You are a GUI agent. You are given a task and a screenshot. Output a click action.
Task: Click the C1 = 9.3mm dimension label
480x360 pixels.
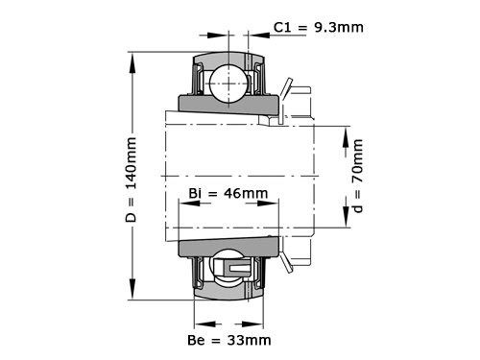(319, 28)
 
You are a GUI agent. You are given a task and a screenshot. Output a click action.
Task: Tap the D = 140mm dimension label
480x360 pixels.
(132, 180)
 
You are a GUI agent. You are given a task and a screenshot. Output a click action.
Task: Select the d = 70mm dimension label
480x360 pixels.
(358, 176)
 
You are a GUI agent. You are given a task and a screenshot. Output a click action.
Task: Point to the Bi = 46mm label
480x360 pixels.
(228, 193)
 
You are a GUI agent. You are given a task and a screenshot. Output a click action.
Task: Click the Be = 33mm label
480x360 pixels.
(229, 340)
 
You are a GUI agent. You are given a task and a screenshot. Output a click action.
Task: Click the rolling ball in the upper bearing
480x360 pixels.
(228, 84)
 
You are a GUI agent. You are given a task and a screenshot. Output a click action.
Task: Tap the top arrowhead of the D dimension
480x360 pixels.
(132, 63)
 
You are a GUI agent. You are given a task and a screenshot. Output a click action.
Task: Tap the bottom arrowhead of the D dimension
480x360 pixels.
(132, 289)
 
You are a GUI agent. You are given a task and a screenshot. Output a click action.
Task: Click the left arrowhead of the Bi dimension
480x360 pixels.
(189, 204)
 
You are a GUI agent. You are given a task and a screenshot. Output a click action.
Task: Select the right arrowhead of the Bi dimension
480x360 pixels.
(268, 204)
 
